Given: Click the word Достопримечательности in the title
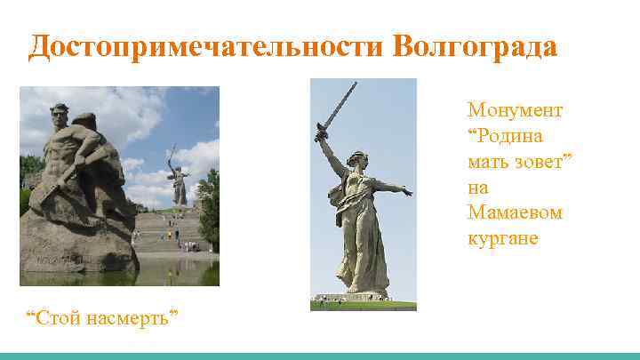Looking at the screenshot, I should pyautogui.click(x=204, y=47).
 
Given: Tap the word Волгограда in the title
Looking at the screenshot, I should pyautogui.click(x=475, y=47).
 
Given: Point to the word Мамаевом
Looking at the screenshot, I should pyautogui.click(x=516, y=213).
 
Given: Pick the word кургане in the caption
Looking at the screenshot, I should pyautogui.click(x=503, y=239).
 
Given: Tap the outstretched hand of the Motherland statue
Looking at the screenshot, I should pyautogui.click(x=407, y=191).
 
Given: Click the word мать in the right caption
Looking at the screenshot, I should pyautogui.click(x=487, y=163).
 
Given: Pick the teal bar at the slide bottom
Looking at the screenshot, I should pyautogui.click(x=320, y=356).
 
